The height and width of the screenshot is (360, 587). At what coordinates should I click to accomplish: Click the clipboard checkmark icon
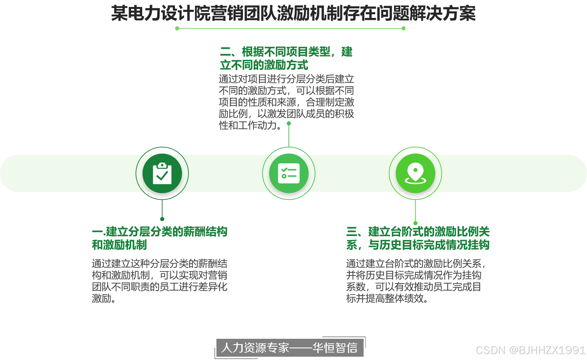(x=162, y=173)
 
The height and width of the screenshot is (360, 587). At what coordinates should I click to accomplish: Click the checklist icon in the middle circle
(x=289, y=173)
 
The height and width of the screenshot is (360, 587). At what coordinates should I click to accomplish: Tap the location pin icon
(x=415, y=173)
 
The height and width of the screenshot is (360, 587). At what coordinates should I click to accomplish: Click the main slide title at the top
(x=293, y=14)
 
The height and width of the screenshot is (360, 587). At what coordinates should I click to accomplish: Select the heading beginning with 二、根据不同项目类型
(x=286, y=58)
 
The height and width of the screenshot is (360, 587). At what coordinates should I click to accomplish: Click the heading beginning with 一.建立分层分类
(x=159, y=238)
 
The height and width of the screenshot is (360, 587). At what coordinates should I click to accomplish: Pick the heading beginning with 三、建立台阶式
(x=418, y=238)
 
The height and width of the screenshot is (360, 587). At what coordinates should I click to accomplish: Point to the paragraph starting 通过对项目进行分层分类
(x=286, y=102)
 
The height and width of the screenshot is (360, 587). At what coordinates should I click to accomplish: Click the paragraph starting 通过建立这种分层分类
(x=159, y=281)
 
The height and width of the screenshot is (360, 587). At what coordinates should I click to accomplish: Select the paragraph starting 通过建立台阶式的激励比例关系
(x=416, y=281)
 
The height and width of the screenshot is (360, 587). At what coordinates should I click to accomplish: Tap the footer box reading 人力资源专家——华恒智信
(x=289, y=348)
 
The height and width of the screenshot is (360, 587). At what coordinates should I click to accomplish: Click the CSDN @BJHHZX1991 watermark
(x=530, y=350)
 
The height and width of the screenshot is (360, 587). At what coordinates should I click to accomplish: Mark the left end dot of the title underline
(x=177, y=29)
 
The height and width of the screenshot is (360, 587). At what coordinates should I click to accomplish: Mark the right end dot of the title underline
(x=403, y=29)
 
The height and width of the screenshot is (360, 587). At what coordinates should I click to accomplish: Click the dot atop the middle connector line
(x=289, y=123)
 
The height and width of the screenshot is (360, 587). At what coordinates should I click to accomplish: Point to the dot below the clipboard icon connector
(x=162, y=219)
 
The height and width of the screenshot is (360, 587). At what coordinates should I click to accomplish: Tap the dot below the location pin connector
(x=415, y=223)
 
